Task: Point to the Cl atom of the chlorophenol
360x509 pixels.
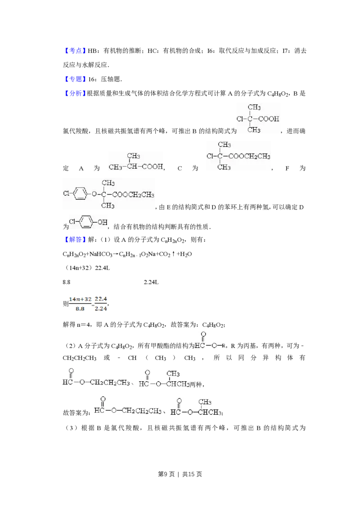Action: click(x=72, y=222)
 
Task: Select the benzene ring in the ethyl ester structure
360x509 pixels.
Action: click(x=79, y=194)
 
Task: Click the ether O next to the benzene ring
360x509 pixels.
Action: click(x=94, y=194)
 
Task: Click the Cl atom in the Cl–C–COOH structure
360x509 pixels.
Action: click(x=240, y=119)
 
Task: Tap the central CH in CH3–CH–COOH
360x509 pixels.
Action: click(x=132, y=167)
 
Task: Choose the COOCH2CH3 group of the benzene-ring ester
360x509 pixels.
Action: click(x=133, y=195)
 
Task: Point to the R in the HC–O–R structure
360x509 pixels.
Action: click(x=224, y=346)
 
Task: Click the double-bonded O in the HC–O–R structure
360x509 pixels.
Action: click(x=203, y=335)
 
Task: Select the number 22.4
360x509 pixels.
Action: click(x=101, y=299)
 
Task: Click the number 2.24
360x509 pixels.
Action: click(x=101, y=309)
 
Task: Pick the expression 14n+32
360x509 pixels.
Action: click(x=80, y=299)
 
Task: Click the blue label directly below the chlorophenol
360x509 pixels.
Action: click(x=75, y=240)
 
